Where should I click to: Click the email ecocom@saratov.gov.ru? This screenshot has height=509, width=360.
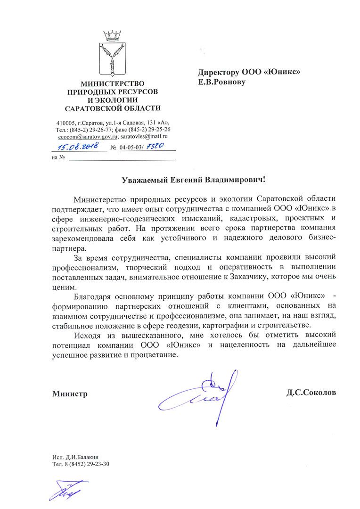tap(88, 136)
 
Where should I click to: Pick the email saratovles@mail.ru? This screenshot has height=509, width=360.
tap(145, 136)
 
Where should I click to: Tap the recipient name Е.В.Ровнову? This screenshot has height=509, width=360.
tap(222, 82)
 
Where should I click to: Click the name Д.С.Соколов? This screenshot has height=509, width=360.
tap(311, 392)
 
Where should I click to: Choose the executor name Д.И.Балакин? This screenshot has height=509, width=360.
tap(81, 457)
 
